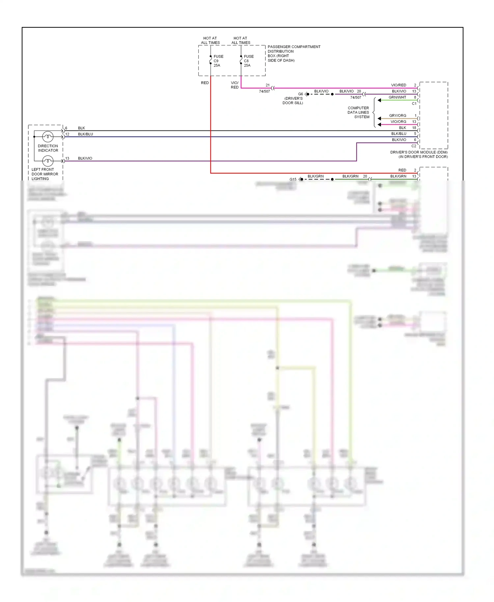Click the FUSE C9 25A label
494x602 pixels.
pyautogui.click(x=218, y=61)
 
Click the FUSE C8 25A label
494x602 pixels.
pyautogui.click(x=248, y=61)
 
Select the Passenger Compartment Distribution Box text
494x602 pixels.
pyautogui.click(x=293, y=53)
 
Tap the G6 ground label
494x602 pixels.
pyautogui.click(x=300, y=94)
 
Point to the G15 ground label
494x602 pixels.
pyautogui.click(x=293, y=179)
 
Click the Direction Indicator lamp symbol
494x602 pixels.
pyautogui.click(x=48, y=136)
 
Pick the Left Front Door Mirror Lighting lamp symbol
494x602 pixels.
pyautogui.click(x=48, y=161)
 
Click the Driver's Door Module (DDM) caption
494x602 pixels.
pyautogui.click(x=419, y=154)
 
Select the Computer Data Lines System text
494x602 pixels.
pyautogui.click(x=358, y=112)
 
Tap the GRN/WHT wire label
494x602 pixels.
pyautogui.click(x=397, y=97)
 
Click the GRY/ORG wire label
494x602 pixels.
pyautogui.click(x=398, y=116)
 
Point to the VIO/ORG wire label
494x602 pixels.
pyautogui.click(x=398, y=122)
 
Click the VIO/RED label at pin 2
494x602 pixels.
pyautogui.click(x=398, y=85)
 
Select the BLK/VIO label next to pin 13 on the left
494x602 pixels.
pyautogui.click(x=85, y=158)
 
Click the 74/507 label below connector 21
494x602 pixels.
pyautogui.click(x=264, y=91)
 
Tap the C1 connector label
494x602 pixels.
pyautogui.click(x=414, y=103)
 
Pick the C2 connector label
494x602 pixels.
pyautogui.click(x=414, y=146)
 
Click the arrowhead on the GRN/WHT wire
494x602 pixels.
pyautogui.click(x=379, y=100)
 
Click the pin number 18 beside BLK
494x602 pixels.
pyautogui.click(x=414, y=128)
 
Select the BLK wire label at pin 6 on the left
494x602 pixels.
pyautogui.click(x=81, y=128)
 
